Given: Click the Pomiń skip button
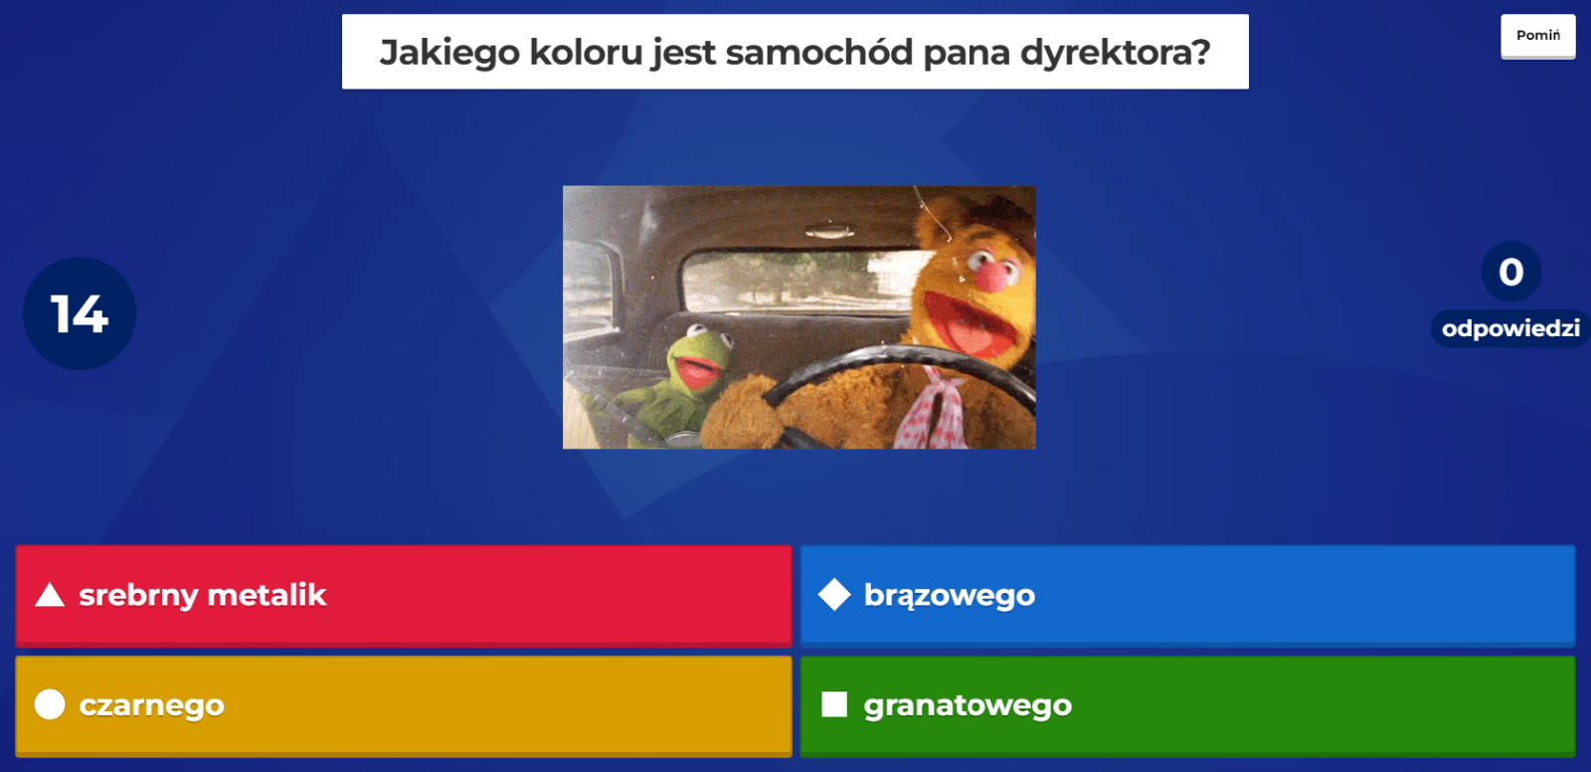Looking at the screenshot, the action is tap(1537, 36).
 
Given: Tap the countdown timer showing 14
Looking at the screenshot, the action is tap(80, 313).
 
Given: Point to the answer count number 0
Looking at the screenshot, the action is tap(1510, 272).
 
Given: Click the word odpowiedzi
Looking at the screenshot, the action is tap(1510, 328).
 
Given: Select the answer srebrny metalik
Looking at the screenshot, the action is tap(404, 596).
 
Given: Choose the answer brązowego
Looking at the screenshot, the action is tap(1187, 596).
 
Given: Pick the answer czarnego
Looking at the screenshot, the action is tap(404, 706).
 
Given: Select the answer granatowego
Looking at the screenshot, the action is tap(1187, 706).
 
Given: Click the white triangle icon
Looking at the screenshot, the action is tap(50, 596).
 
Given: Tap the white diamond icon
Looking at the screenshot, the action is tap(834, 595).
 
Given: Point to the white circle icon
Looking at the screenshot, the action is tap(50, 704).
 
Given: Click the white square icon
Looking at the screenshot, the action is tap(834, 704).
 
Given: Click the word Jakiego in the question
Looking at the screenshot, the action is tap(448, 54).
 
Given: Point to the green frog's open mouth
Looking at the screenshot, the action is tap(697, 372).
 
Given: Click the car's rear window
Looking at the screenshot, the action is tap(795, 281).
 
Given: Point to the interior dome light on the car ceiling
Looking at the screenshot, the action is tap(829, 231).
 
